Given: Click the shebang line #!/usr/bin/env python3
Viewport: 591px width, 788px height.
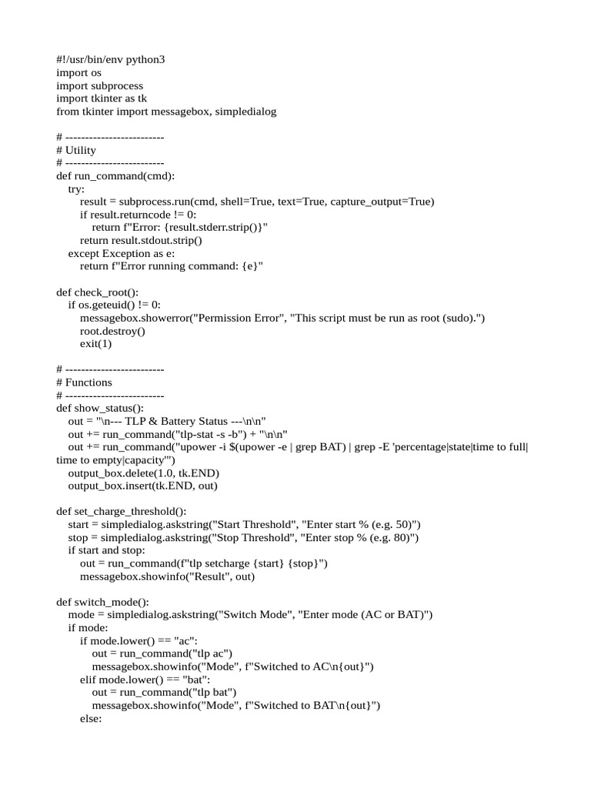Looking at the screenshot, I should [111, 59].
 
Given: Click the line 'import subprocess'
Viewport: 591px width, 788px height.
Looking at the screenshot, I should [99, 85].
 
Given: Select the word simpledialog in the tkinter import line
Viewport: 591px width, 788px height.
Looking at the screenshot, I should [245, 112].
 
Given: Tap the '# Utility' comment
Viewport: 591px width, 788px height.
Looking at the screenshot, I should [76, 150].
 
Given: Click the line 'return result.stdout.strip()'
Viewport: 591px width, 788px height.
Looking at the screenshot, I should [141, 240].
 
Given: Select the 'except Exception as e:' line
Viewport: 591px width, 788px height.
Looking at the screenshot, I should [122, 253].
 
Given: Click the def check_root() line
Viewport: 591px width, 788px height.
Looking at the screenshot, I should [98, 292].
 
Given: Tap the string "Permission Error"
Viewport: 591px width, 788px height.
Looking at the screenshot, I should [241, 318].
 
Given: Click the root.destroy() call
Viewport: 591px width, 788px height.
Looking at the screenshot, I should [112, 331].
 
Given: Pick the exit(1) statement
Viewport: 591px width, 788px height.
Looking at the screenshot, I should [95, 344].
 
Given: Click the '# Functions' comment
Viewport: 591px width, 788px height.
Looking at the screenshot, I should [84, 382].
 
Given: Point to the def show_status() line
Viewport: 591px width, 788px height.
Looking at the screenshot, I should [100, 408].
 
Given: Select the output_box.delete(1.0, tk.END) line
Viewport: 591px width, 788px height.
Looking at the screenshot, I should [144, 472].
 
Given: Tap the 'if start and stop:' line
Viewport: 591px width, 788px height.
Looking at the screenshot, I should [105, 550].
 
